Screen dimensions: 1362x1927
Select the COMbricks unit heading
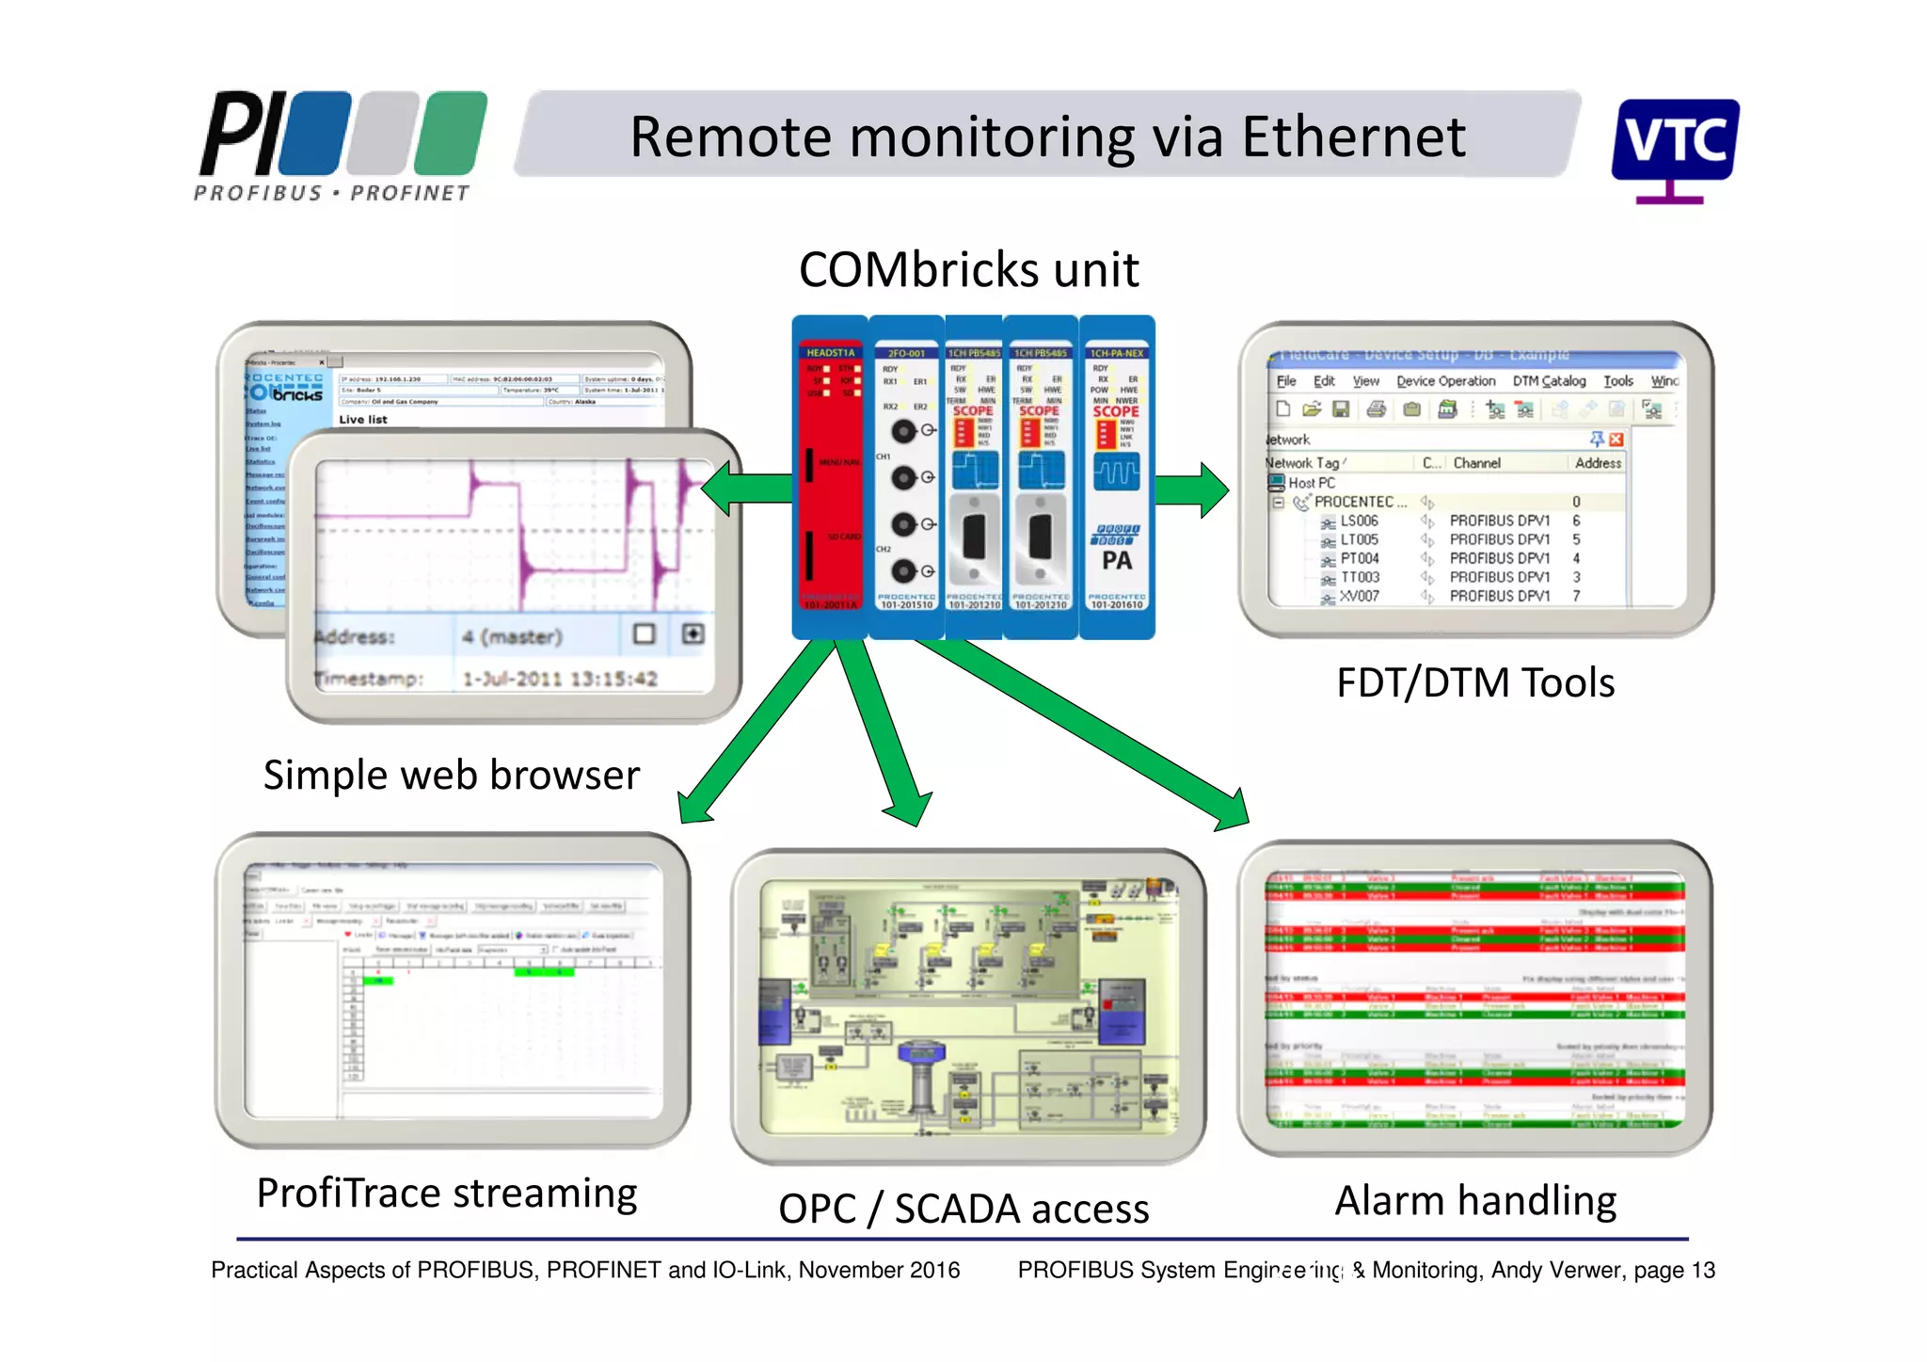pyautogui.click(x=968, y=270)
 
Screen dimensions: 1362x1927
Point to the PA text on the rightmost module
pyautogui.click(x=1117, y=561)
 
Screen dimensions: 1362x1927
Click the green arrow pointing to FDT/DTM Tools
pyautogui.click(x=1191, y=489)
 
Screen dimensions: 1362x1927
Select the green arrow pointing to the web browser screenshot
pyautogui.click(x=748, y=489)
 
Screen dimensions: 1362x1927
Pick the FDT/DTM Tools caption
pyautogui.click(x=1474, y=683)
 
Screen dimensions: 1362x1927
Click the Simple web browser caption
pyautogui.click(x=451, y=776)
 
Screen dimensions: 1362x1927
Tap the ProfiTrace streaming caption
pyautogui.click(x=447, y=1194)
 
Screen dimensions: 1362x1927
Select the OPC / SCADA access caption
pyautogui.click(x=963, y=1210)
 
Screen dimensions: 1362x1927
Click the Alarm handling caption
pyautogui.click(x=1474, y=1202)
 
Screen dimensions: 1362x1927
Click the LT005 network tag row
pyautogui.click(x=1359, y=540)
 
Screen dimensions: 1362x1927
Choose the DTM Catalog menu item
pyautogui.click(x=1549, y=381)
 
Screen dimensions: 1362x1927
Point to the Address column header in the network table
pyautogui.click(x=1597, y=463)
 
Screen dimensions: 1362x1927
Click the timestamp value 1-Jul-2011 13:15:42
pyautogui.click(x=559, y=679)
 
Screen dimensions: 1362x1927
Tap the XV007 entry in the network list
pyautogui.click(x=1360, y=597)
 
